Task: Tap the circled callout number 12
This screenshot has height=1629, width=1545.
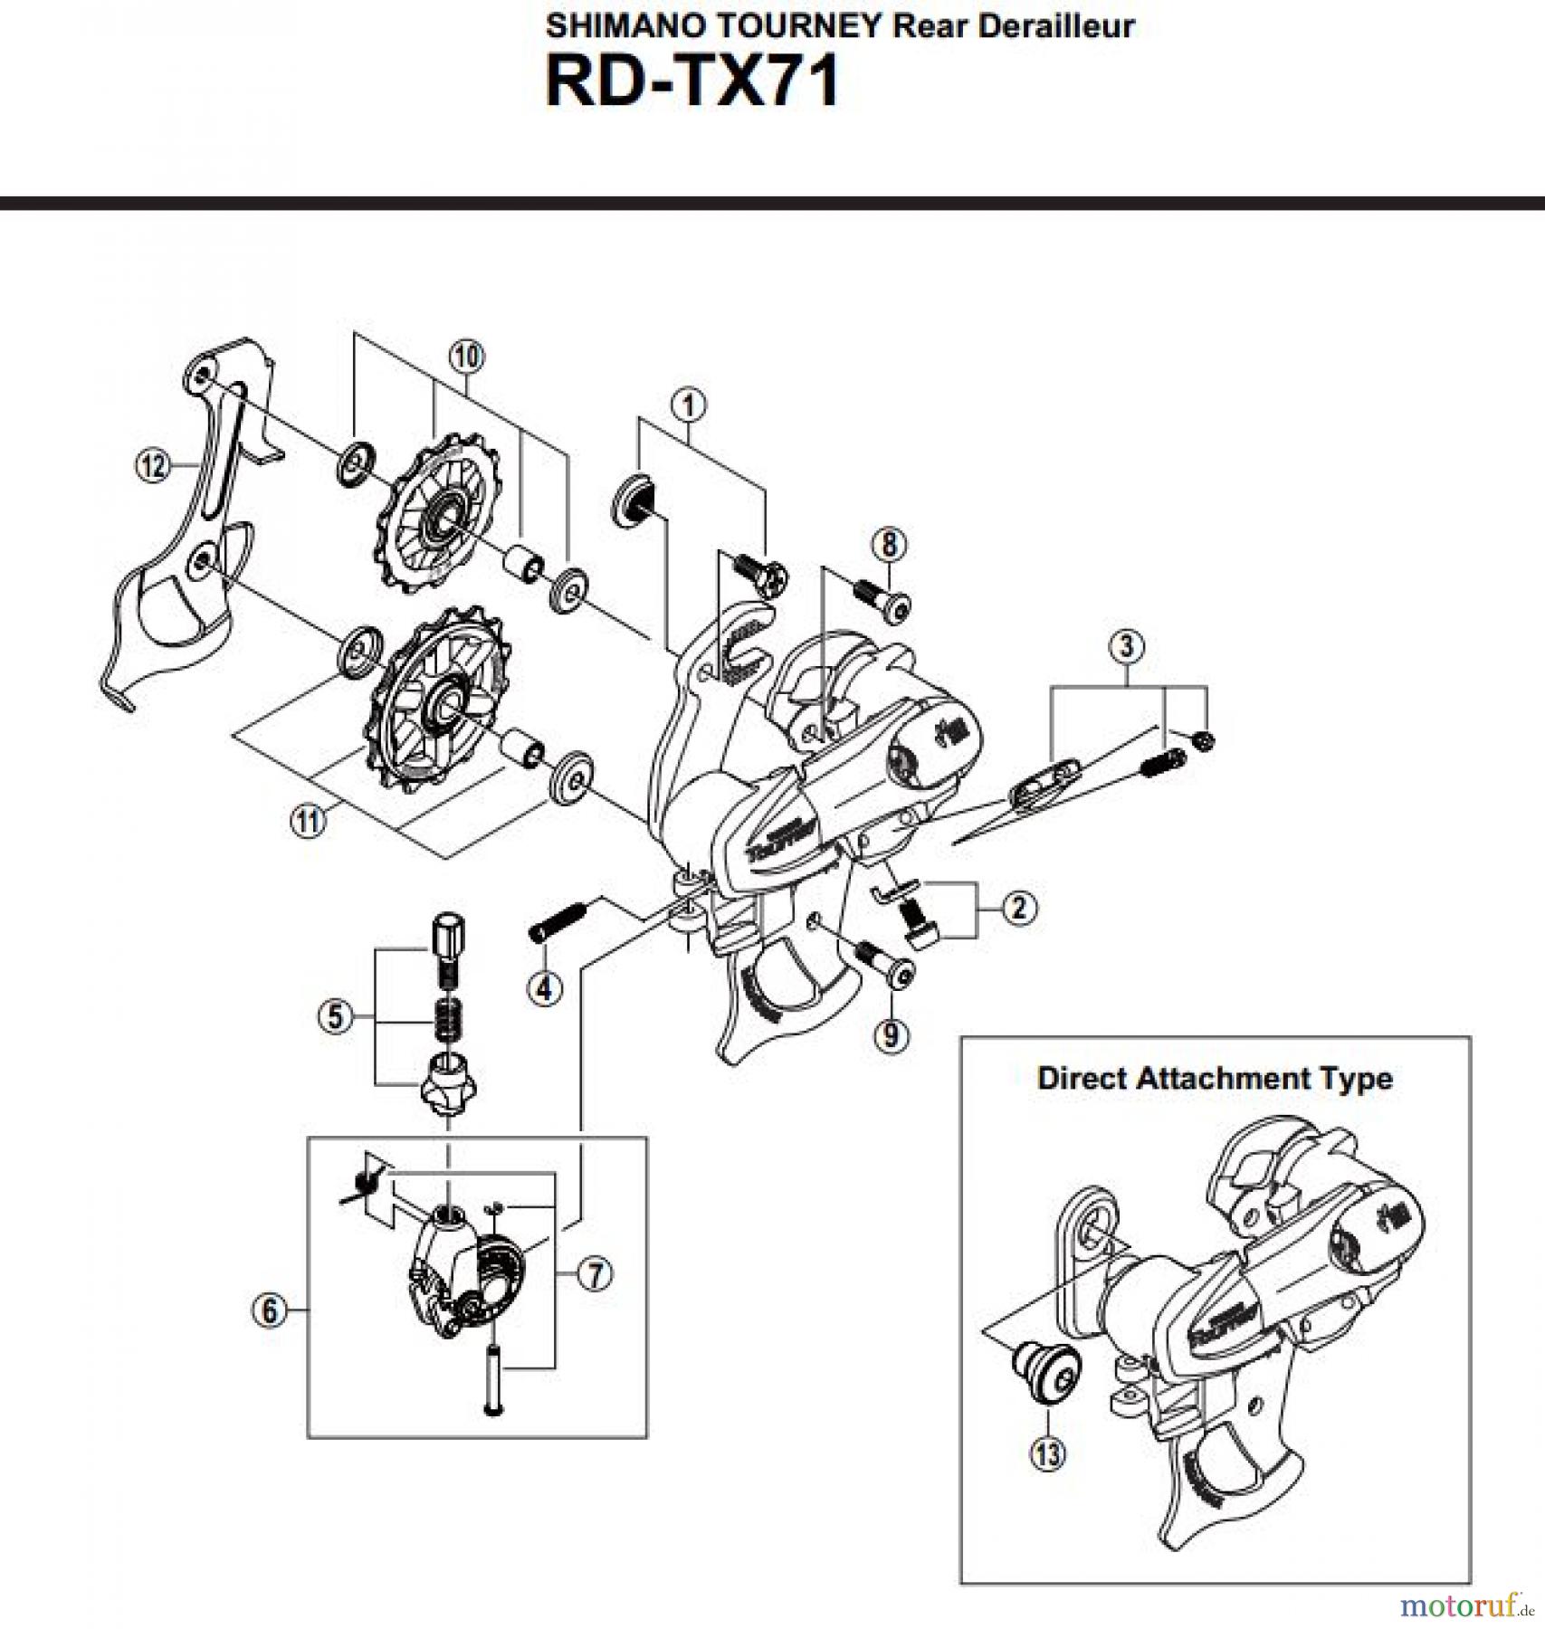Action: [152, 466]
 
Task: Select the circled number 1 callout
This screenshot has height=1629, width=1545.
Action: [689, 405]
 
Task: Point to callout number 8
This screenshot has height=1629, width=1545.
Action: [890, 544]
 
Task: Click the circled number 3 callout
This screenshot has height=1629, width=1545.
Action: [1127, 646]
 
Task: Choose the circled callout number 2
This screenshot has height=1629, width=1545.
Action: [1019, 907]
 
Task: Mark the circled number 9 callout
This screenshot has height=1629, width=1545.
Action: [891, 1034]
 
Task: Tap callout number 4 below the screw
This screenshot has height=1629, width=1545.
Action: [543, 988]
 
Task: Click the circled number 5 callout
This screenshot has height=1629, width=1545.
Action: [336, 1016]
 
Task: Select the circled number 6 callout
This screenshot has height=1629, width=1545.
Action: [270, 1310]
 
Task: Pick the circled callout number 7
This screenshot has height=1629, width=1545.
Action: [595, 1274]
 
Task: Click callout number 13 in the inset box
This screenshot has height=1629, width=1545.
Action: [1047, 1454]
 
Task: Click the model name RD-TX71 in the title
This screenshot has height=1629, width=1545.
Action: [692, 82]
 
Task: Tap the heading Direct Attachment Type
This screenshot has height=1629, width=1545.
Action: [1215, 1078]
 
